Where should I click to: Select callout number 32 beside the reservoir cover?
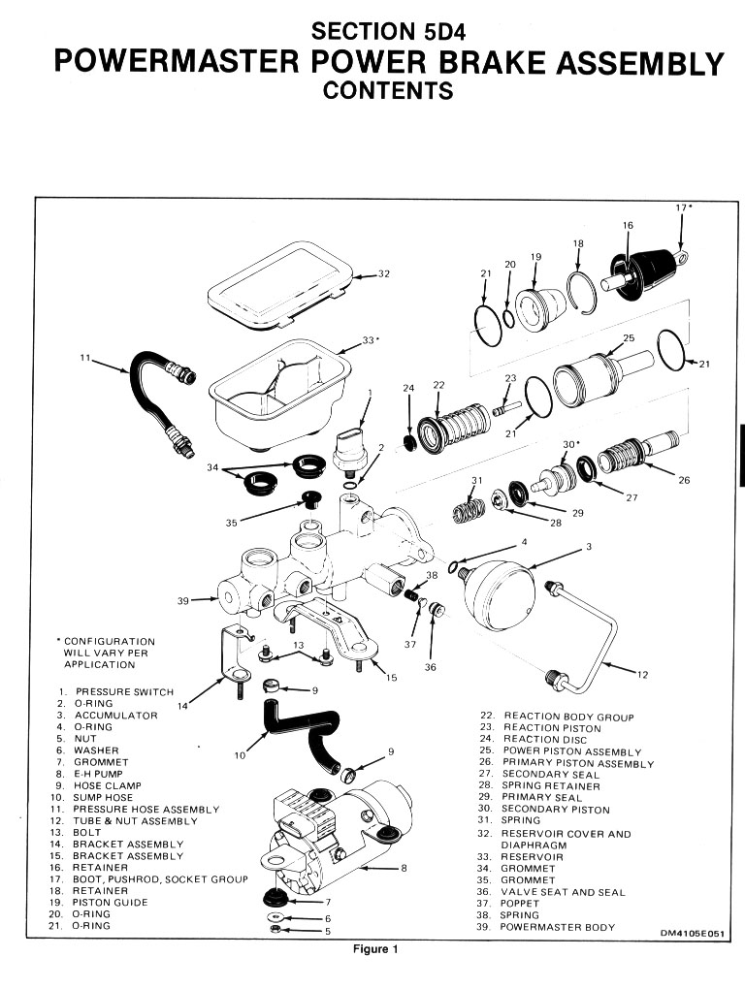pyautogui.click(x=383, y=274)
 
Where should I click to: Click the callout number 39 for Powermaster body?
pyautogui.click(x=182, y=601)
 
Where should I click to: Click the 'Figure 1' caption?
pyautogui.click(x=375, y=949)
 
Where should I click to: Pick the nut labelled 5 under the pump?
pyautogui.click(x=274, y=930)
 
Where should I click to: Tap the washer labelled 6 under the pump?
pyautogui.click(x=274, y=916)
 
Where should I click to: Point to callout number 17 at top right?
pyautogui.click(x=681, y=207)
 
